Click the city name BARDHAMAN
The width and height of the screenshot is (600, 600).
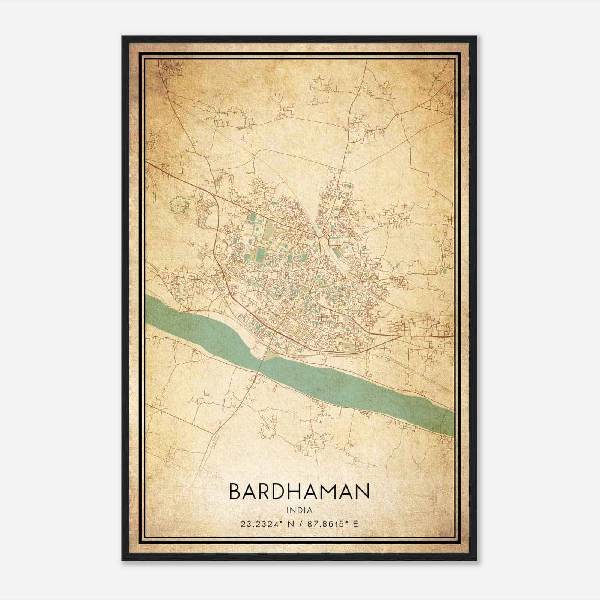tap(299, 492)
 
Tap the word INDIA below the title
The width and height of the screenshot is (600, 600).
tap(299, 510)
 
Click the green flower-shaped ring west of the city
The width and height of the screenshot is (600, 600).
tap(178, 205)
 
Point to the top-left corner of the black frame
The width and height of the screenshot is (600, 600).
tap(122, 36)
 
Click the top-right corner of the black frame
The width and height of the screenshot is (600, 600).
tap(476, 36)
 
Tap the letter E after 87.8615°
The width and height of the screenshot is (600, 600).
tap(356, 524)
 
